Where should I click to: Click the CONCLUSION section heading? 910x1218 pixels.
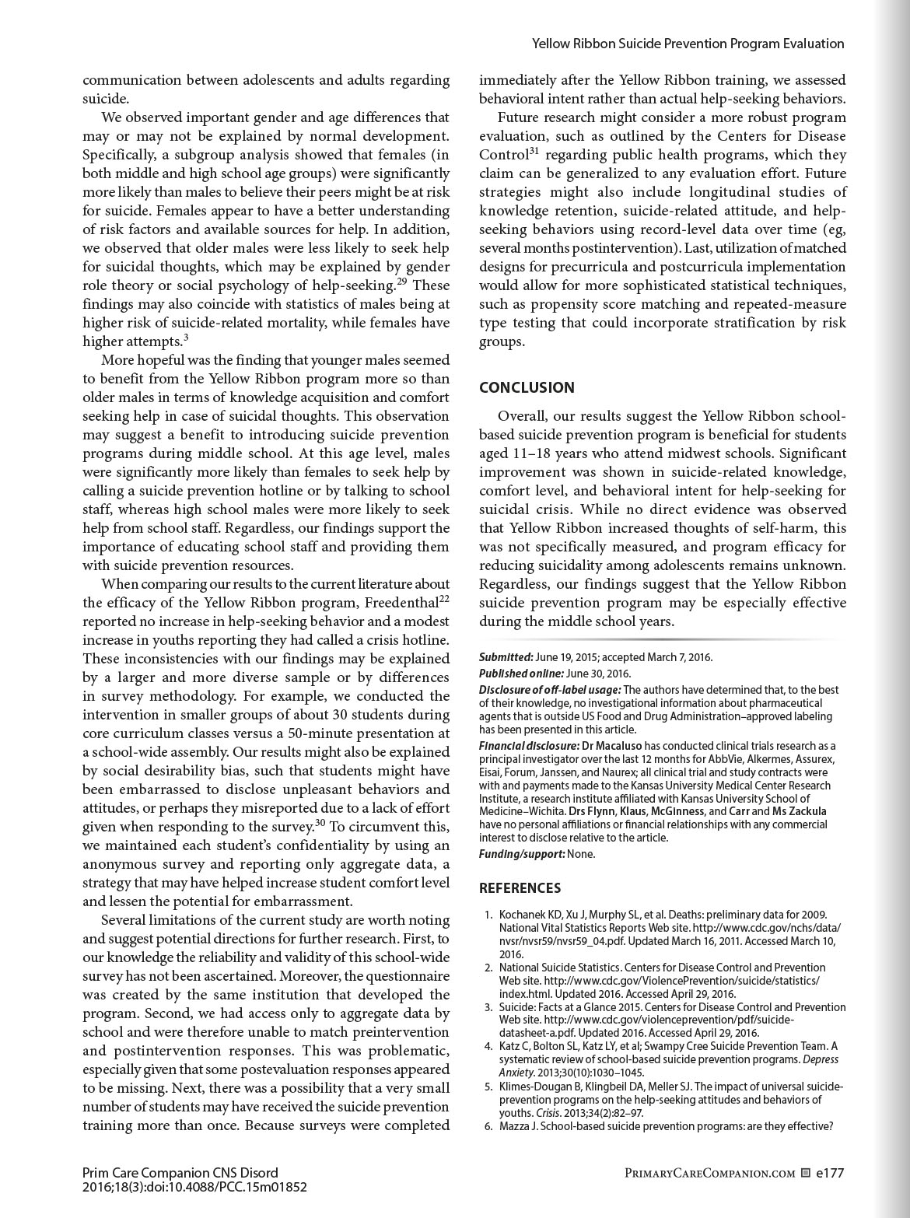click(x=527, y=387)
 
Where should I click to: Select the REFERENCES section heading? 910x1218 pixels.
click(x=520, y=888)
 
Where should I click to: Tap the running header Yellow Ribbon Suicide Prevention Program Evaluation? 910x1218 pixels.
click(x=688, y=44)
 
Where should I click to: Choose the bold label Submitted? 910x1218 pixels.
click(x=506, y=657)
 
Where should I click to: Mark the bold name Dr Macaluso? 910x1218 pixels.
click(x=611, y=746)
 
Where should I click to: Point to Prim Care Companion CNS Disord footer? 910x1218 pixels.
click(x=180, y=1173)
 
